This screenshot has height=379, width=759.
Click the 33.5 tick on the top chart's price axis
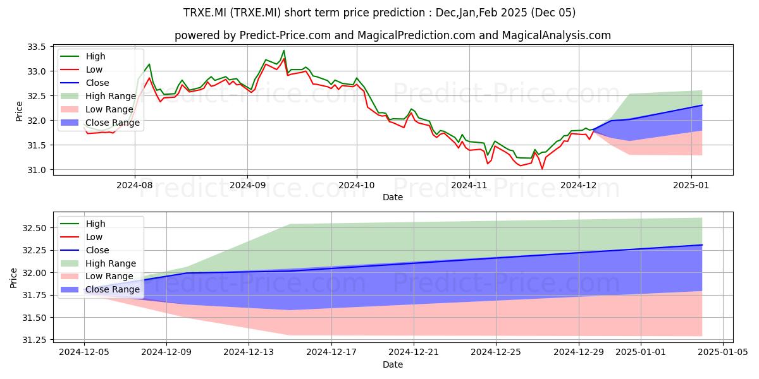tap(36, 47)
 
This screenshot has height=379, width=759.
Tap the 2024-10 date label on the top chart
tap(357, 185)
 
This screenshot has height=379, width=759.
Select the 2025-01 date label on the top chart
tap(691, 185)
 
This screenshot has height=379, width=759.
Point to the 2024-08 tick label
tap(135, 185)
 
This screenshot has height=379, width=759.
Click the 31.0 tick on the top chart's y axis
tap(36, 170)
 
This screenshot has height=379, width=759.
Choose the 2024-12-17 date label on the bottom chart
tap(331, 352)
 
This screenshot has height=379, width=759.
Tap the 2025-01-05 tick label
tap(723, 352)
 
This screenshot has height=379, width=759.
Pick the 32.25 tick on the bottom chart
tap(34, 250)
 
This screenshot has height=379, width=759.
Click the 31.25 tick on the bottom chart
tap(34, 340)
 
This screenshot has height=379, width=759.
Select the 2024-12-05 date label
tap(84, 352)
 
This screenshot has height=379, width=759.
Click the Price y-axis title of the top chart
tap(19, 111)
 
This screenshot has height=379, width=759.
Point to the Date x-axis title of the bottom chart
tap(393, 364)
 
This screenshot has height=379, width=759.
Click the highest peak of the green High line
tap(284, 51)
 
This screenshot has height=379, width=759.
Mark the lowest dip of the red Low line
tap(542, 169)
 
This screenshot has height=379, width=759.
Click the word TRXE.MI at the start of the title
tap(206, 13)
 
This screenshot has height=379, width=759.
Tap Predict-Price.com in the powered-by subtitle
tap(285, 35)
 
